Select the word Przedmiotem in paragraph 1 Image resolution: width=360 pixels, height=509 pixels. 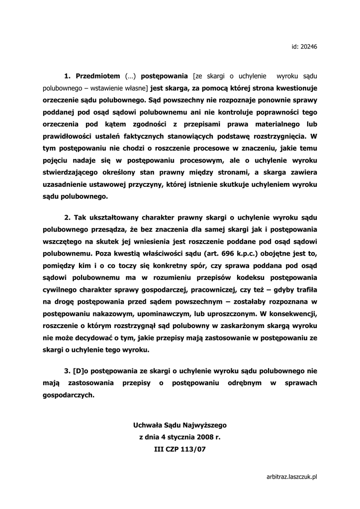click(x=98, y=76)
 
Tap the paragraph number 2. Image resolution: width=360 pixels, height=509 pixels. click(x=67, y=218)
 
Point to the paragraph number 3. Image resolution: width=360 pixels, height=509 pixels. click(x=67, y=371)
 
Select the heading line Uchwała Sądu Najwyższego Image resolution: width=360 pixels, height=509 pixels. click(x=180, y=425)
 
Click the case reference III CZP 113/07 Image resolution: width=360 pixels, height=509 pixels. click(x=180, y=449)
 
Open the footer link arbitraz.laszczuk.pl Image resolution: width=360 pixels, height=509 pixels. click(x=292, y=476)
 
